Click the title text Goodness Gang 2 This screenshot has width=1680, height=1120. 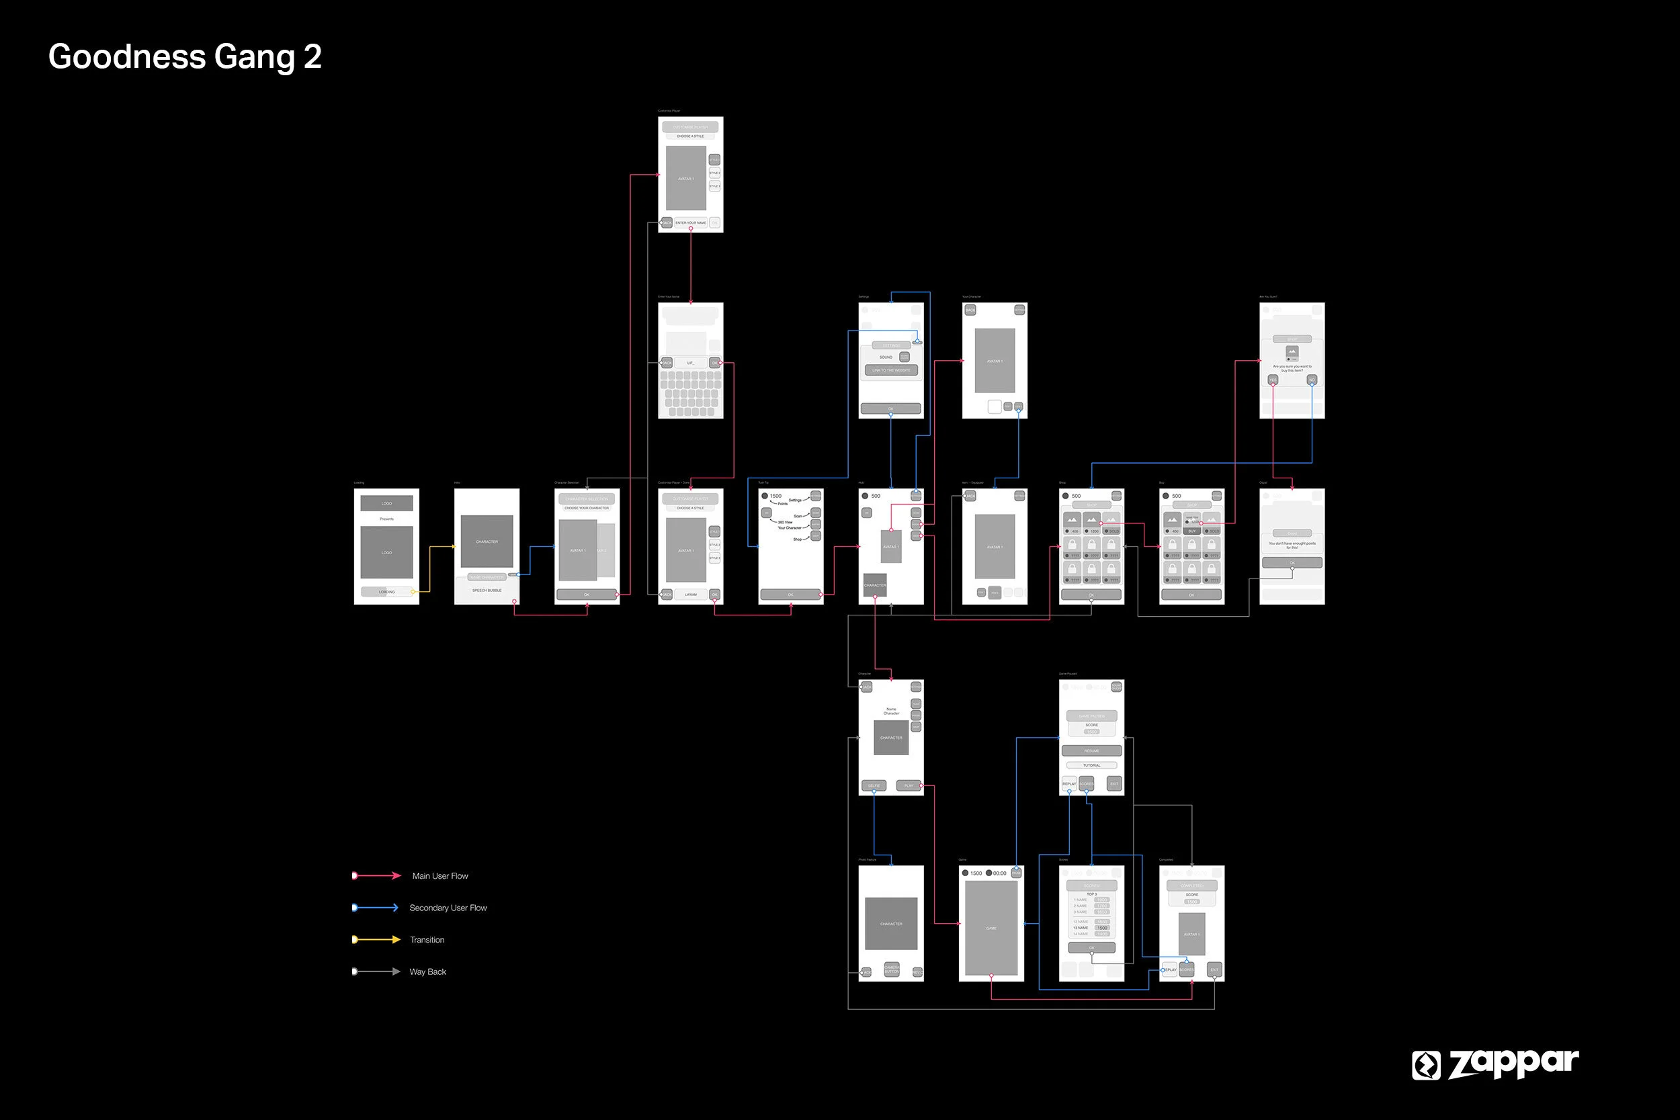pos(185,56)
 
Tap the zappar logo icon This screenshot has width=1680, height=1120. pos(1426,1065)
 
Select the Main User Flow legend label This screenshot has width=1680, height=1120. pos(440,875)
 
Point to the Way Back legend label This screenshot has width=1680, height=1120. pos(428,972)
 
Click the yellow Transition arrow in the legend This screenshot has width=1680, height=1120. pos(376,939)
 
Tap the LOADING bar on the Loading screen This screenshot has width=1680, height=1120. pos(386,591)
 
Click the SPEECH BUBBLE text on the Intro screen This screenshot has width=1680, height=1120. pos(487,590)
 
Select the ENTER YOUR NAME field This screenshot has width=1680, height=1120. pos(691,223)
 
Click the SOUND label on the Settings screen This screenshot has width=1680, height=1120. pos(886,357)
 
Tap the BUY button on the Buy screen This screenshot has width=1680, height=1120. pos(1191,531)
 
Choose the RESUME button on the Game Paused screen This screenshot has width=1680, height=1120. pos(1091,750)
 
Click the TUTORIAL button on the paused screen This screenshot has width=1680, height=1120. pos(1091,765)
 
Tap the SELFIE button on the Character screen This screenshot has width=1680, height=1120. pos(874,785)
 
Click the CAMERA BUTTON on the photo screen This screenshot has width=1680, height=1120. pos(892,970)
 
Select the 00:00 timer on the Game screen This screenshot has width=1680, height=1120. pos(999,873)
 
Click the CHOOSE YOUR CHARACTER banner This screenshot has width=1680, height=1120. pos(587,508)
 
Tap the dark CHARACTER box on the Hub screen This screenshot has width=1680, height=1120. pos(875,585)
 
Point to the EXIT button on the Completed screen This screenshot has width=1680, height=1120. pos(1214,970)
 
